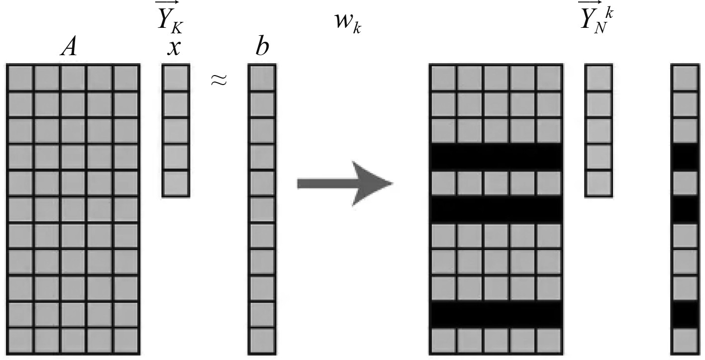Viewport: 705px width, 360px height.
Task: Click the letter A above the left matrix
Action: pos(69,48)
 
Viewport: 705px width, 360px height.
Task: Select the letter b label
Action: pos(262,47)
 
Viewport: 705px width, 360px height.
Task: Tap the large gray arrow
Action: pos(345,183)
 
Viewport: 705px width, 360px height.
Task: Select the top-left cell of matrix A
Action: pos(20,78)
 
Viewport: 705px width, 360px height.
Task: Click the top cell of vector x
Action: pos(176,78)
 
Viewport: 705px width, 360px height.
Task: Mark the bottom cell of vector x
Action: pos(176,183)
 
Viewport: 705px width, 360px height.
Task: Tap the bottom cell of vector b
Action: pos(262,341)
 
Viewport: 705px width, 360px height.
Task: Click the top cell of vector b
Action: pos(262,78)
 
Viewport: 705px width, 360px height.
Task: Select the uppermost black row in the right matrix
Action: pos(496,157)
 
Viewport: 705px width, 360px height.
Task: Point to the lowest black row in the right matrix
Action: pos(496,315)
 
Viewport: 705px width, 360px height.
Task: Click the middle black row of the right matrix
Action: pos(496,210)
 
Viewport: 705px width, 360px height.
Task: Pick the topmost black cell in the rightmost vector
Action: pos(684,157)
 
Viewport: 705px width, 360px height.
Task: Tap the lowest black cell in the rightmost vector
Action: pos(684,315)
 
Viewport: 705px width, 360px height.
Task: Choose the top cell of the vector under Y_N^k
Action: pos(599,78)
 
